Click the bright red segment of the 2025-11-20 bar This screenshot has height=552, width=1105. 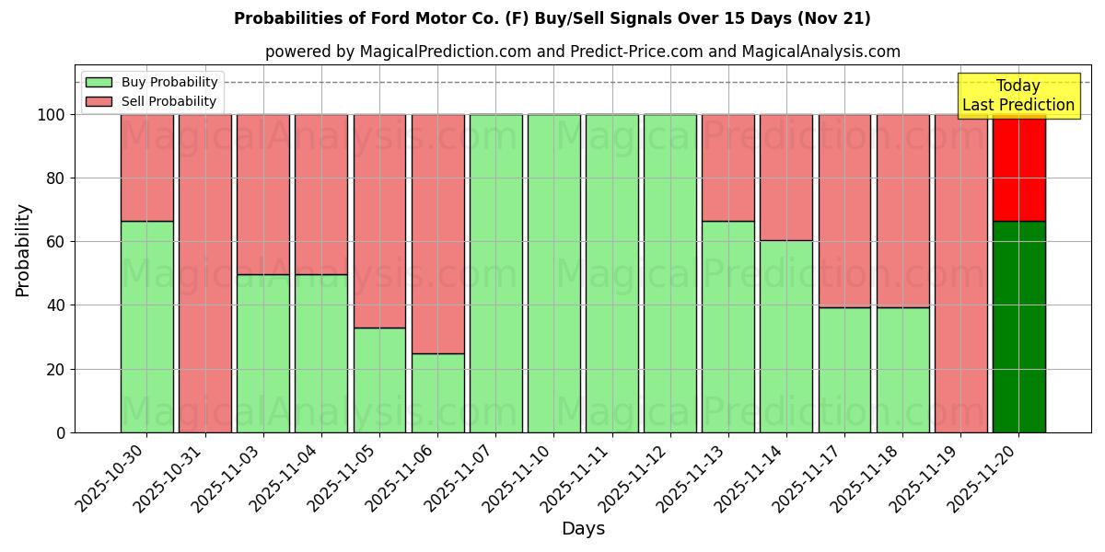pos(1018,167)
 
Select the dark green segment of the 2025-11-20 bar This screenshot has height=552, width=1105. pos(1018,327)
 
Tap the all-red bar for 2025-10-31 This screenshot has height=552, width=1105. pos(204,273)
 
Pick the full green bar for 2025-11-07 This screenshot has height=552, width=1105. pos(495,273)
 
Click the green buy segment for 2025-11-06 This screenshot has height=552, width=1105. pos(437,393)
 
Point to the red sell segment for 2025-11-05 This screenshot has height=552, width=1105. pos(379,221)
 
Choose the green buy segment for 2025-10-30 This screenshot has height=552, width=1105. pos(146,327)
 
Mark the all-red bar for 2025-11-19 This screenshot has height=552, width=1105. pos(960,273)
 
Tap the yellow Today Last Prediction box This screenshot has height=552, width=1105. pos(1018,96)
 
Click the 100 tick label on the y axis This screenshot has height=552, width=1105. pos(51,115)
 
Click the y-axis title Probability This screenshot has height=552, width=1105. pos(23,250)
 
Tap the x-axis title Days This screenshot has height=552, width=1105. pos(583,529)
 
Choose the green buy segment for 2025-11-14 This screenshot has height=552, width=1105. pos(786,336)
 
